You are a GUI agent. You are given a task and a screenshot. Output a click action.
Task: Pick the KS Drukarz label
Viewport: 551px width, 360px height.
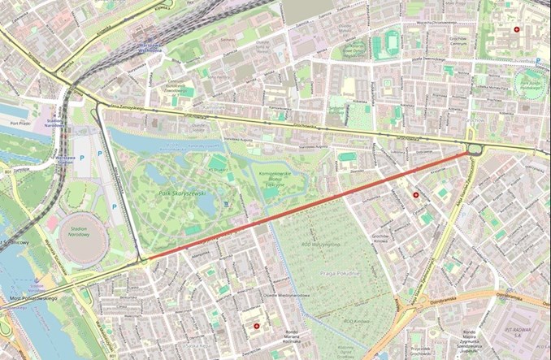click(x=217, y=159)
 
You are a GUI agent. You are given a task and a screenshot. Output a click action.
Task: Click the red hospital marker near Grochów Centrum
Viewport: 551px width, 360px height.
click(x=517, y=30)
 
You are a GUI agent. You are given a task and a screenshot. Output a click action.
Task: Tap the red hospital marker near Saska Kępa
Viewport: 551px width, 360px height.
click(x=258, y=326)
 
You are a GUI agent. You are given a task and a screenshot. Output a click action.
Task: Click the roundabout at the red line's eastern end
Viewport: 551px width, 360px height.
click(x=474, y=149)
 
